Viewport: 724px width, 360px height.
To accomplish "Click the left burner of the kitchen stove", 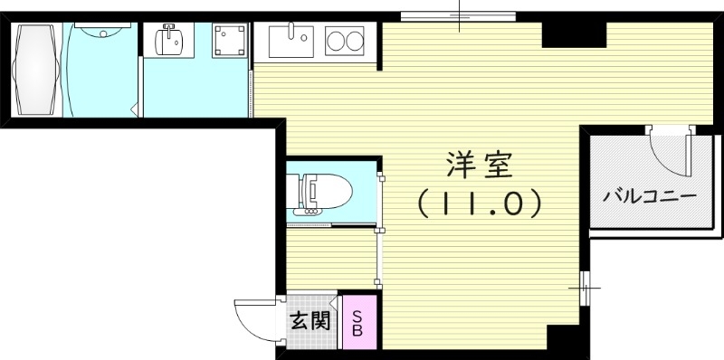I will [x=334, y=41].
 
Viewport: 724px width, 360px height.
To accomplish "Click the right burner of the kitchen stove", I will [x=356, y=41].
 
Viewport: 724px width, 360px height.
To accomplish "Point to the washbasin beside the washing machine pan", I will [x=171, y=41].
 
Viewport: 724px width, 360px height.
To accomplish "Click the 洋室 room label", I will [x=480, y=166].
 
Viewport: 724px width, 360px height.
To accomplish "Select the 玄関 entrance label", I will [x=310, y=320].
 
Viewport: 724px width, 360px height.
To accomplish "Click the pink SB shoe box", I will [x=357, y=323].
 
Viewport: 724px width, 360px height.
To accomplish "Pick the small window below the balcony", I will [x=585, y=288].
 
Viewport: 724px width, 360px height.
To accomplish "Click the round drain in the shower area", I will [x=100, y=33].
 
